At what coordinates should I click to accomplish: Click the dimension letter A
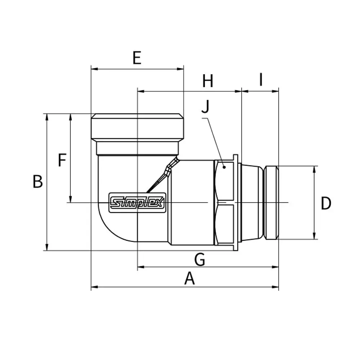click(189, 278)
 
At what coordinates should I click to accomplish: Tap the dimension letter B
click(38, 181)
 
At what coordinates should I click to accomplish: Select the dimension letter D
click(326, 203)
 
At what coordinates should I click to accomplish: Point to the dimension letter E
click(137, 58)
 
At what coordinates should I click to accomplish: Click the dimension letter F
click(62, 160)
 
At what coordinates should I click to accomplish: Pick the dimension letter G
click(199, 260)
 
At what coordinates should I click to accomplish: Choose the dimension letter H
click(208, 81)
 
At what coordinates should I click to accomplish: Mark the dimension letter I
click(261, 80)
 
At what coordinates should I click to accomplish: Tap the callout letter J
click(206, 107)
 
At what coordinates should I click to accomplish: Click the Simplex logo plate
click(137, 203)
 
